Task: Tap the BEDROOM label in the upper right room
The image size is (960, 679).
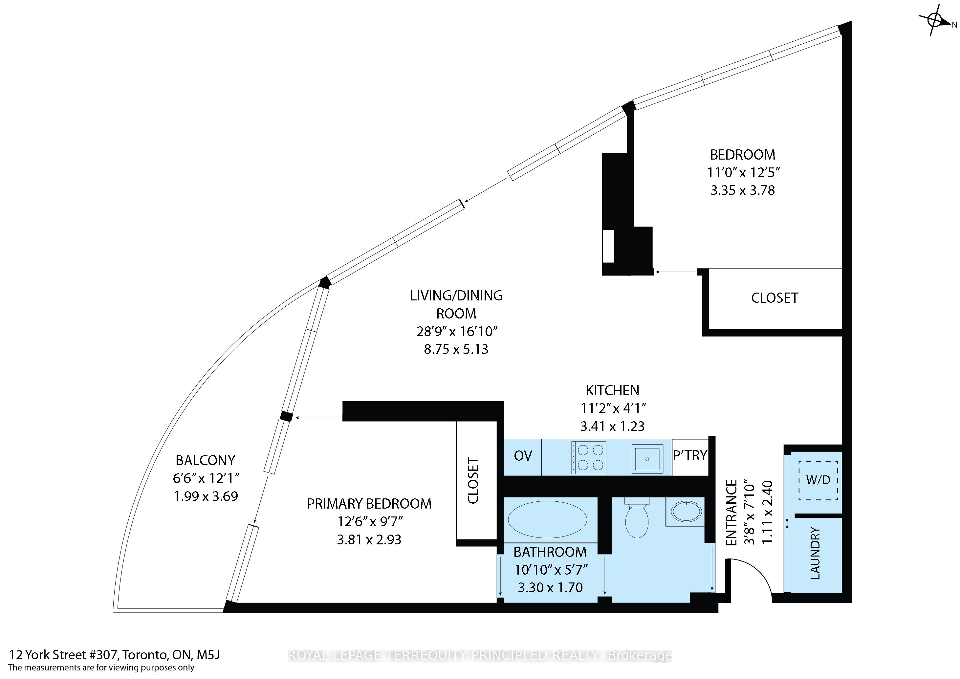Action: pyautogui.click(x=743, y=155)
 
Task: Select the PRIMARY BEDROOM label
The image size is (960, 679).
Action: pyautogui.click(x=369, y=504)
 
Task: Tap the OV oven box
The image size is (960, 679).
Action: pyautogui.click(x=523, y=457)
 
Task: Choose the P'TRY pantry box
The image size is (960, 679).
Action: pyautogui.click(x=690, y=457)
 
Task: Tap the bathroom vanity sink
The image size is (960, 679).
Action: pyautogui.click(x=686, y=511)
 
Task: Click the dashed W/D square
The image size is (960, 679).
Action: pyautogui.click(x=818, y=480)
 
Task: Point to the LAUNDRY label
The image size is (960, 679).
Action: pyautogui.click(x=815, y=553)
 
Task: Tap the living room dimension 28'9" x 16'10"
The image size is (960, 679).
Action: pyautogui.click(x=457, y=332)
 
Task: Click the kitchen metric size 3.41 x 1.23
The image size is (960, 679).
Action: pyautogui.click(x=613, y=427)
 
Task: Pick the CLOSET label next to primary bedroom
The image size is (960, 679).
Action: pyautogui.click(x=473, y=480)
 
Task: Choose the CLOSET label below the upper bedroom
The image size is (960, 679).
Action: pyautogui.click(x=775, y=298)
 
